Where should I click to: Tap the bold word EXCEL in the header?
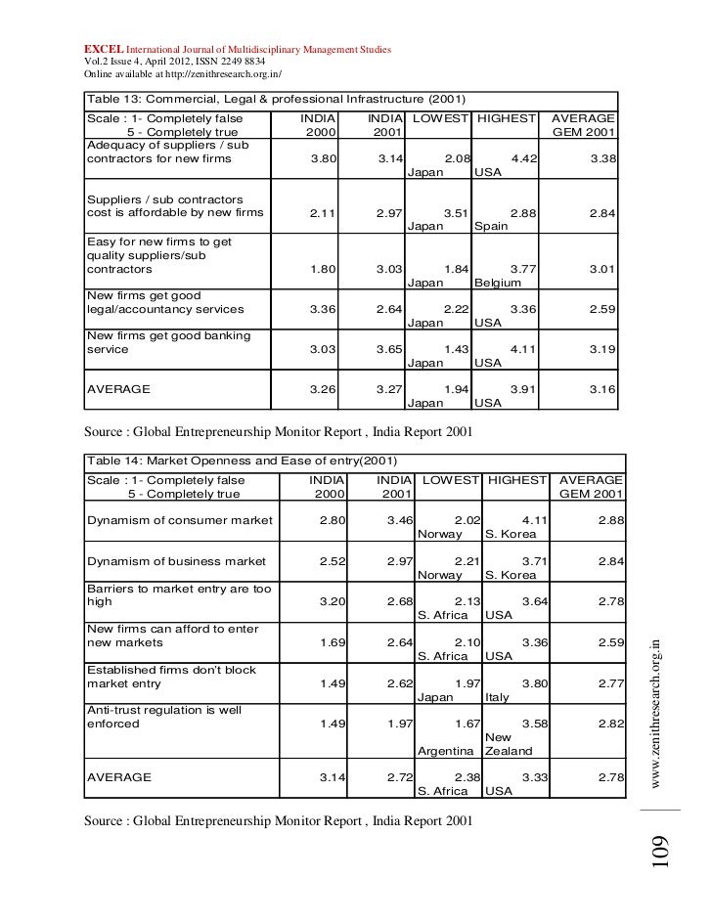(101, 48)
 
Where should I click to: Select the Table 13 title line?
(277, 100)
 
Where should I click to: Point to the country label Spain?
(491, 227)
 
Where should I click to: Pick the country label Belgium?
(498, 283)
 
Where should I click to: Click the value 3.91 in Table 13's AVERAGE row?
(524, 388)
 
